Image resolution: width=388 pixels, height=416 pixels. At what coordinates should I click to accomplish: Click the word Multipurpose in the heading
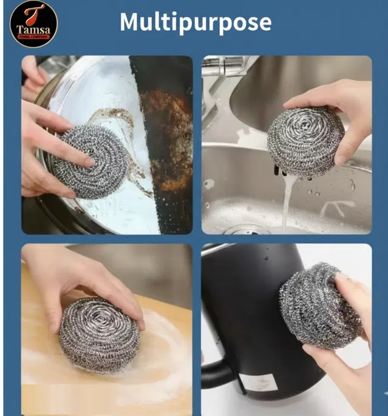click(195, 22)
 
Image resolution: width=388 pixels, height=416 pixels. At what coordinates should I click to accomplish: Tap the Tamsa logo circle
click(34, 24)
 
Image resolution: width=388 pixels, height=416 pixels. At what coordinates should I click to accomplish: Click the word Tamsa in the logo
click(34, 30)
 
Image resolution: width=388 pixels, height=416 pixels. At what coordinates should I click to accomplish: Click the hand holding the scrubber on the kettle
click(352, 340)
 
